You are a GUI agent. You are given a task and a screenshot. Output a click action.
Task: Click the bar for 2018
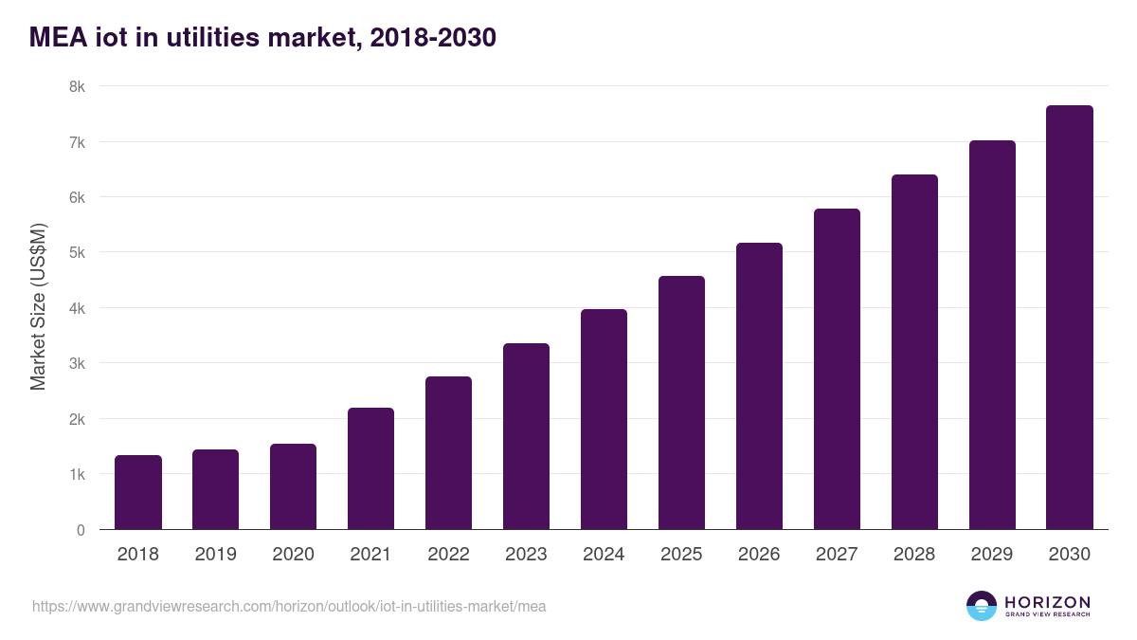click(138, 492)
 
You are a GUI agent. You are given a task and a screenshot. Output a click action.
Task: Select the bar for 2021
click(370, 468)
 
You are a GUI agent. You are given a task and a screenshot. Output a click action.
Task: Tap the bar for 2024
click(604, 419)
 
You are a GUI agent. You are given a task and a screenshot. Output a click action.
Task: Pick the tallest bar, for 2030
click(1070, 318)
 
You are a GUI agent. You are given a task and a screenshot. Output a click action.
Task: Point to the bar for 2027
click(837, 369)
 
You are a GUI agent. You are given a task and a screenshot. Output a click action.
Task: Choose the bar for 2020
click(293, 486)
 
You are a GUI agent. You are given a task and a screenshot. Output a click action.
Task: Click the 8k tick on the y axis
click(77, 86)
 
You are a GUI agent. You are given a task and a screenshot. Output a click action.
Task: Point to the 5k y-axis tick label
click(77, 253)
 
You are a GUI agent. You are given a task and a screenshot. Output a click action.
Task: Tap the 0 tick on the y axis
click(81, 530)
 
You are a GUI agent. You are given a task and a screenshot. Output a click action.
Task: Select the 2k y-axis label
click(77, 419)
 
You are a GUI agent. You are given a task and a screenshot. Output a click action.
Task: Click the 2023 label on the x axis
click(526, 555)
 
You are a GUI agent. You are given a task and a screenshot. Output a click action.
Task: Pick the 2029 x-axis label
click(992, 555)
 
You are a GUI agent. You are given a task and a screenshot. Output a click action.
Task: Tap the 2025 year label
click(681, 555)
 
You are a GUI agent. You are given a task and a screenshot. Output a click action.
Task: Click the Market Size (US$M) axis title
click(39, 307)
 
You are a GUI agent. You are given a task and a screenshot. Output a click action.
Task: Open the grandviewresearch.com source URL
click(289, 606)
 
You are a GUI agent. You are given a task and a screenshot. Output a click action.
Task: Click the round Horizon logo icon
click(982, 606)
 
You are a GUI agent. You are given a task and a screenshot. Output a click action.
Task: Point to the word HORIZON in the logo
click(1047, 602)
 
